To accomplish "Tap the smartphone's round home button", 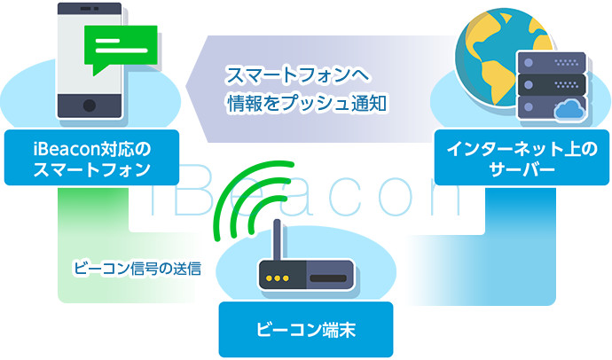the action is click(90, 106).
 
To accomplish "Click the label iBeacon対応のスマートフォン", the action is click(91, 158).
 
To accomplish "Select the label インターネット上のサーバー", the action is click(522, 158).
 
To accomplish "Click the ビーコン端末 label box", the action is click(306, 330).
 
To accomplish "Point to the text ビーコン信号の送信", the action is click(137, 269).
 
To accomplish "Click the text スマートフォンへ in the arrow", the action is click(297, 74).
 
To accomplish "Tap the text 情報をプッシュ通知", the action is click(307, 104).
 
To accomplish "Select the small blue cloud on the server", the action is click(569, 109).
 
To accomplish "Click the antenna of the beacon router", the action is click(277, 240).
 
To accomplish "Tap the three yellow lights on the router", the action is click(277, 278).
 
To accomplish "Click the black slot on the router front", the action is click(328, 278).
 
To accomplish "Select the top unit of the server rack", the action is click(552, 62).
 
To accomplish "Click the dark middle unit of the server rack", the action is click(552, 84).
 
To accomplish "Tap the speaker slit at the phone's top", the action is click(86, 8).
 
